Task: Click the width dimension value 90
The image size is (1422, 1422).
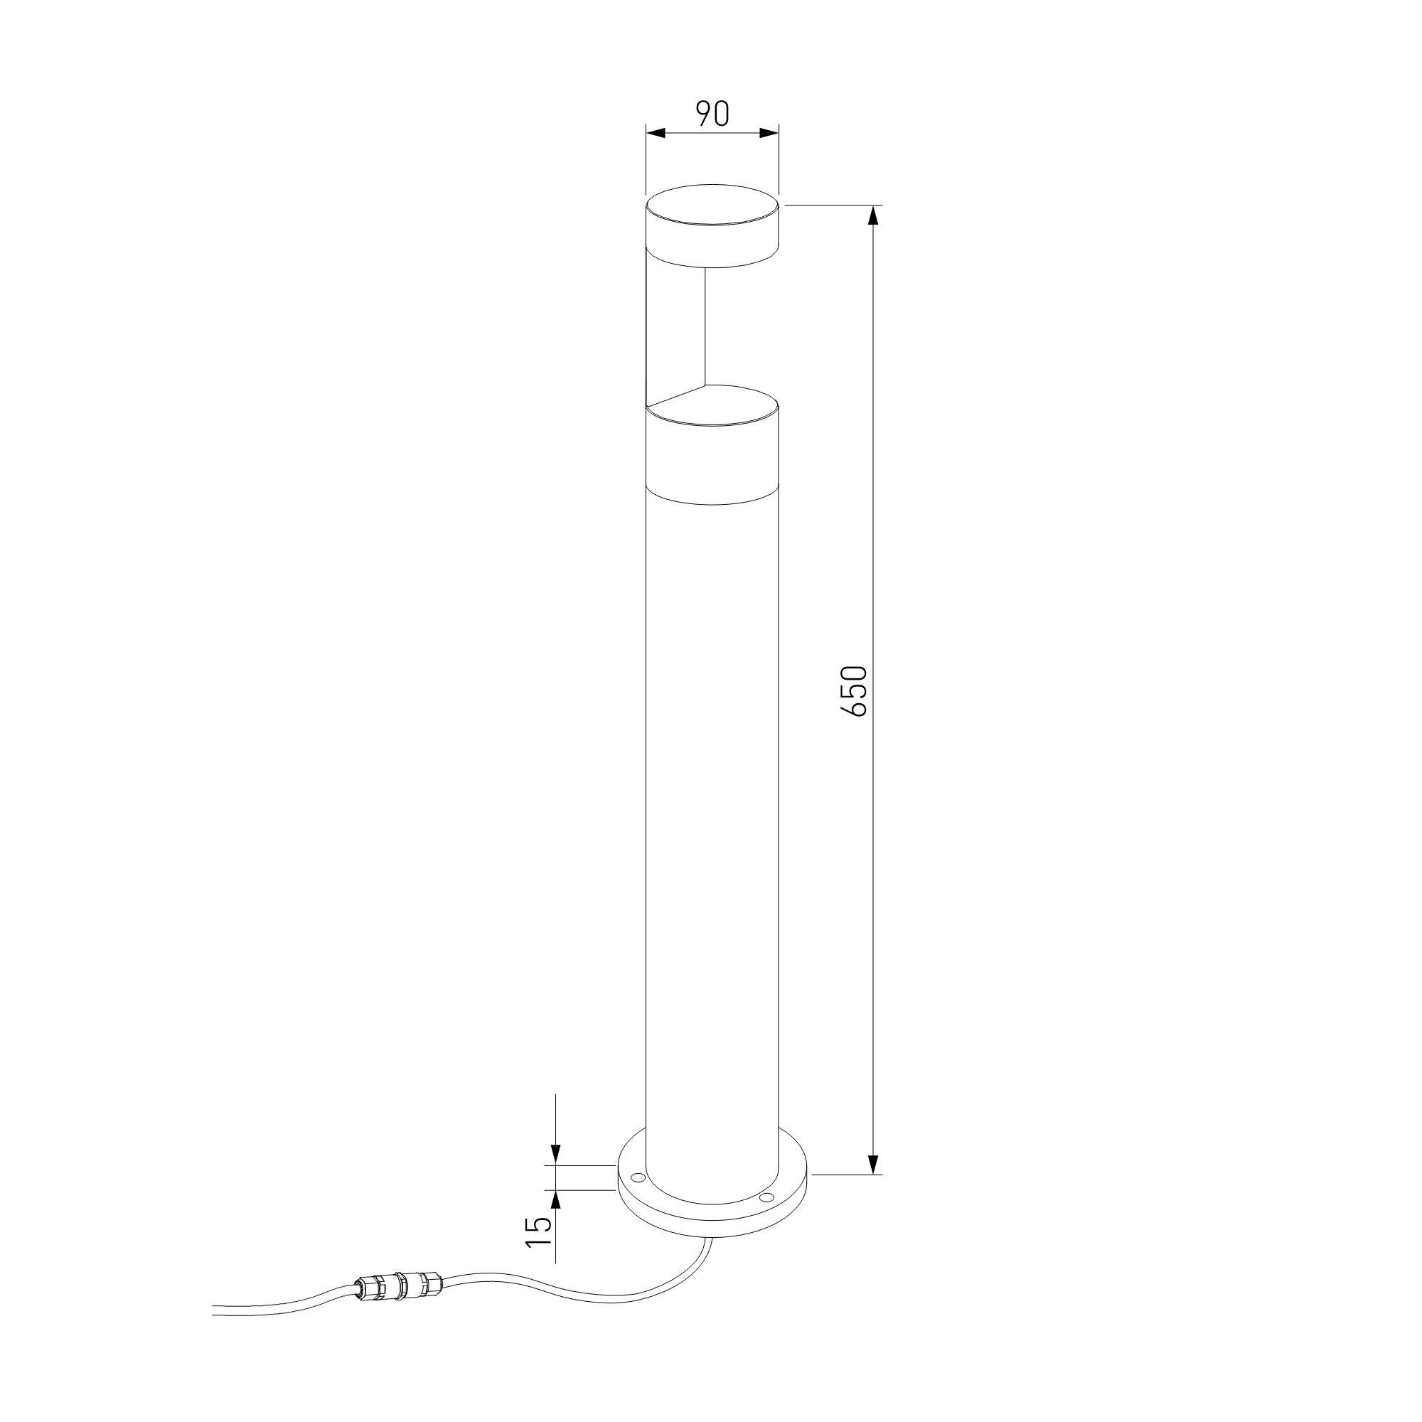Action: click(x=712, y=113)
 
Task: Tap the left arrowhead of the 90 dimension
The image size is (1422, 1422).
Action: click(x=655, y=133)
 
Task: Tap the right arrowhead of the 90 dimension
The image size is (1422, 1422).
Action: click(x=769, y=133)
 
